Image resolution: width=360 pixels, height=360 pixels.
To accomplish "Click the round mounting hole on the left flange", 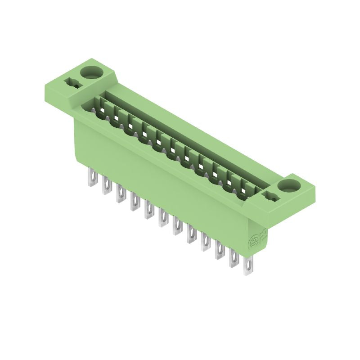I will point(92,72).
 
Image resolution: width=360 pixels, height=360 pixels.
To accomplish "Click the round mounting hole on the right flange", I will point(290,184).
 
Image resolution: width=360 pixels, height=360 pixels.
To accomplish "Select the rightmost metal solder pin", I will point(248,266).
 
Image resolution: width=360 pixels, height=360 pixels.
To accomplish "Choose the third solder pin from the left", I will point(121,194).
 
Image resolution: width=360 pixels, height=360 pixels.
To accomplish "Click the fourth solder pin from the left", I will point(135,202).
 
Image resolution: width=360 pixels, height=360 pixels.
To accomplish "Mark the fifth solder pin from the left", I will point(148,210).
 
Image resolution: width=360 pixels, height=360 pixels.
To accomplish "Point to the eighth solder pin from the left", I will point(191,234).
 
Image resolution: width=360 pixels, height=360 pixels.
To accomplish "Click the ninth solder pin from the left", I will point(206,243).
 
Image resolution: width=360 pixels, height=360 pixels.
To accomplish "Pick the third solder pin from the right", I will point(220,250).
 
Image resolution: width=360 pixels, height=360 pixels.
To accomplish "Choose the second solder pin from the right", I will point(234,258).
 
